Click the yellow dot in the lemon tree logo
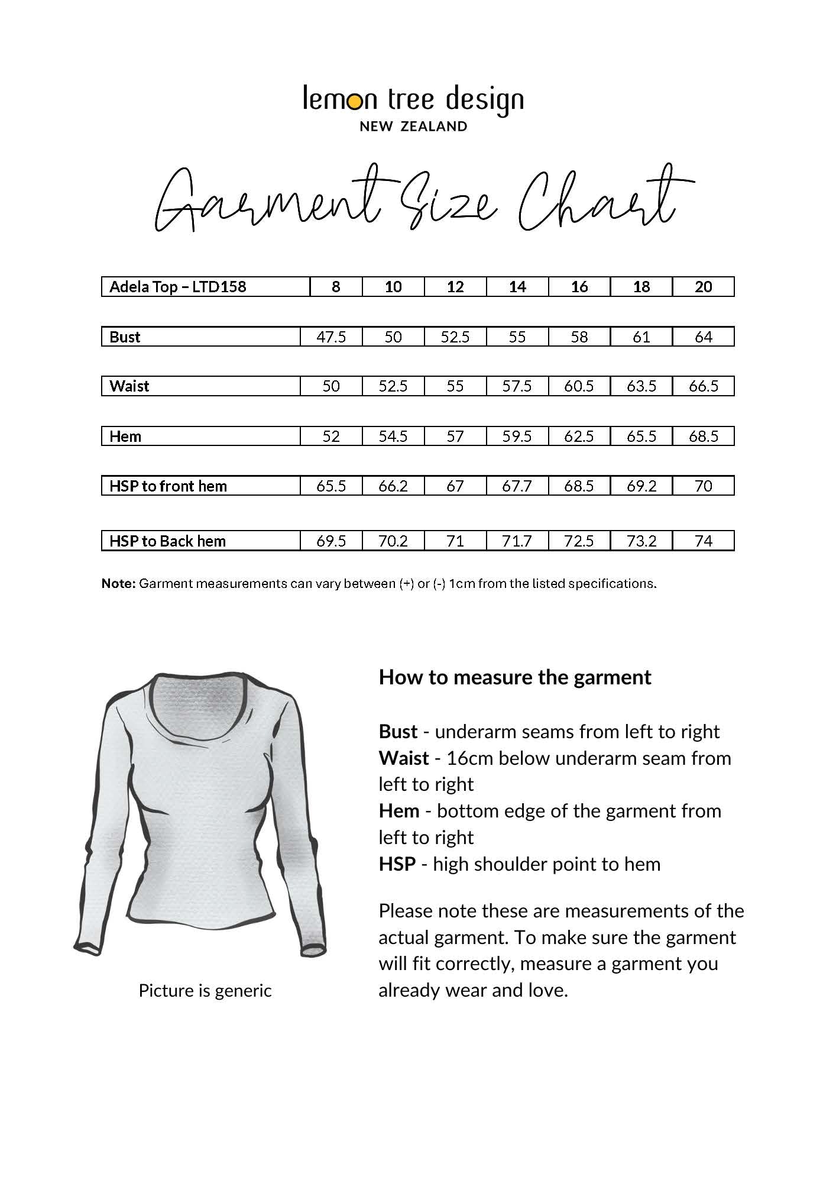pos(354,102)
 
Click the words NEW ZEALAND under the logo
pos(413,126)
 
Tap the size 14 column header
pos(517,287)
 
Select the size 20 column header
pos(703,287)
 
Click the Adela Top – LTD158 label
pos(177,287)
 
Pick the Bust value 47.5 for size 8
pos(331,337)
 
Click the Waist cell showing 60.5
pos(579,386)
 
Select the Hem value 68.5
pos(703,437)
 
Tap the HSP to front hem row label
pos(168,486)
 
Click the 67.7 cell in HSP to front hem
pos(517,486)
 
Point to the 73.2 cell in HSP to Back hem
pos(641,541)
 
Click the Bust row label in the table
pos(125,337)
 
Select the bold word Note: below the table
pos(118,584)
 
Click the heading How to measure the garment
pos(514,677)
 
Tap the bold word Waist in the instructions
pos(404,758)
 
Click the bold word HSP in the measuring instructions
pos(397,864)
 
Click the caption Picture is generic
pos(205,990)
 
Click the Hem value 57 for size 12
pos(455,437)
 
